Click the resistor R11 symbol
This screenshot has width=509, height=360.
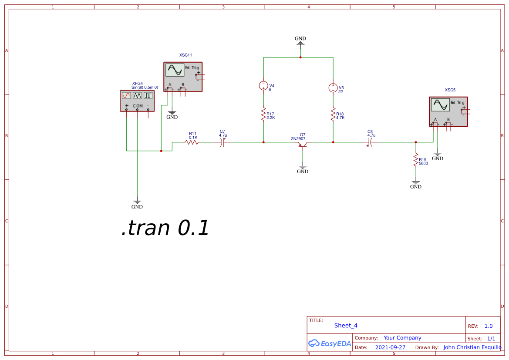(x=192, y=142)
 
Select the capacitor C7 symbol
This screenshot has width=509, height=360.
(x=223, y=142)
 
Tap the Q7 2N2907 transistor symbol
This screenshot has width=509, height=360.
(x=303, y=144)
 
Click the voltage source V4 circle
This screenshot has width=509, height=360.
(x=263, y=85)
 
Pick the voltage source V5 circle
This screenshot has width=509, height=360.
(x=333, y=88)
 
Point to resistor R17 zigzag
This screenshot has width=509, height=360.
(x=263, y=114)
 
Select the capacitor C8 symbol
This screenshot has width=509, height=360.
(x=370, y=142)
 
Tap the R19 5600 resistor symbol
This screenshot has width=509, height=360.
(x=416, y=160)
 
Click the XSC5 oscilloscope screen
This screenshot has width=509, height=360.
(x=440, y=104)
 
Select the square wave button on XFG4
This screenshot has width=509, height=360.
(x=148, y=95)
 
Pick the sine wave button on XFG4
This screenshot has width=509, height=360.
(x=126, y=95)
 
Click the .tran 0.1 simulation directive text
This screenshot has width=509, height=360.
(x=165, y=228)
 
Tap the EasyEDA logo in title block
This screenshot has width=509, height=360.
(x=330, y=343)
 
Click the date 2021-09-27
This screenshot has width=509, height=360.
(x=390, y=347)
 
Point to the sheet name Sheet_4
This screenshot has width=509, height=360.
(x=346, y=326)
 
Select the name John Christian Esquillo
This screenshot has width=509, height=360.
(x=472, y=347)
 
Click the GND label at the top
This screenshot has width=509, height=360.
(x=300, y=39)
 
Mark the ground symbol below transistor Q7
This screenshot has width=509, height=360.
(x=303, y=167)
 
